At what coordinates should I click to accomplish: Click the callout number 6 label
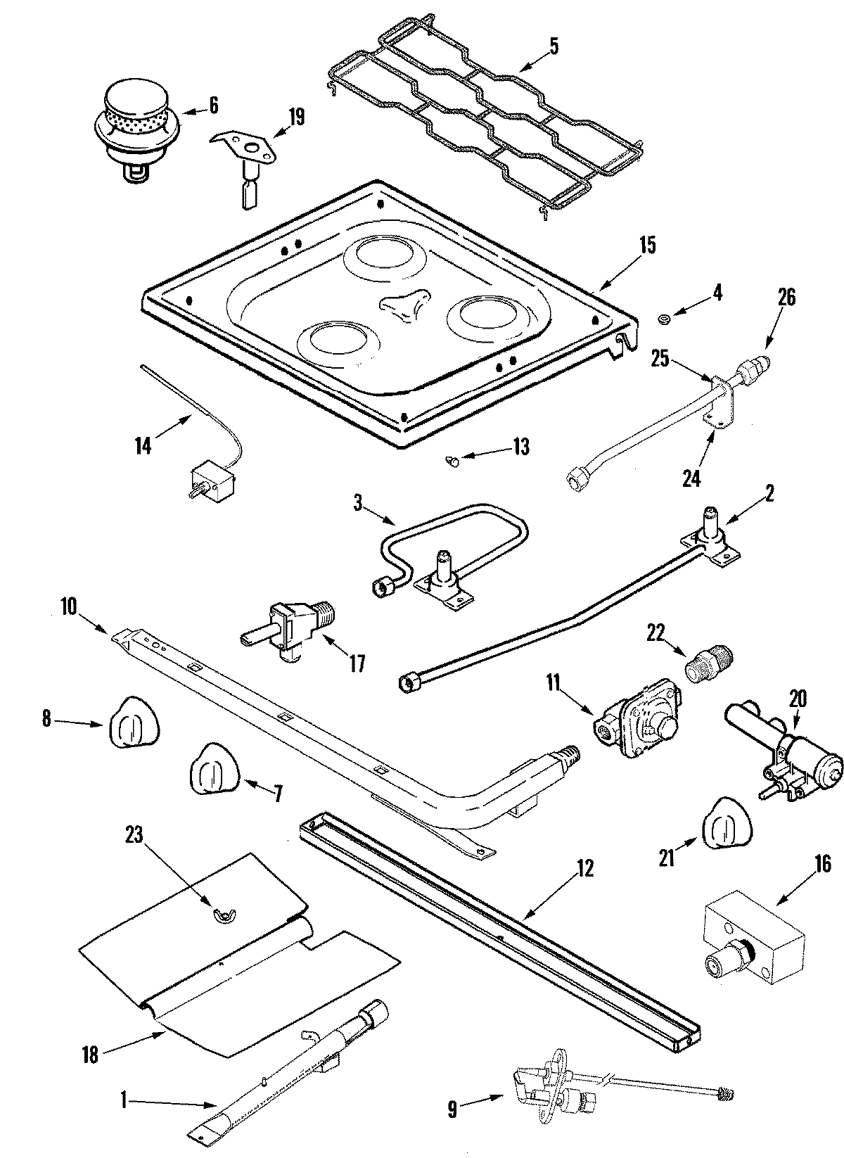point(213,106)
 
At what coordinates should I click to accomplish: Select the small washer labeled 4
point(663,320)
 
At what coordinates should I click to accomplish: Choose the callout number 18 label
point(90,1055)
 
